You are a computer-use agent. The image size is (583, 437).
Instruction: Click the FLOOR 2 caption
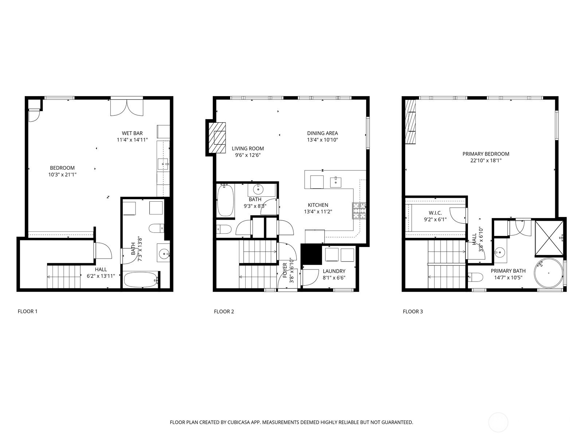pyautogui.click(x=224, y=311)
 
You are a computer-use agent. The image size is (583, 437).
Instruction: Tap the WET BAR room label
pyautogui.click(x=132, y=133)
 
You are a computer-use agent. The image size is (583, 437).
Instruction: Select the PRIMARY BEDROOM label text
pyautogui.click(x=486, y=154)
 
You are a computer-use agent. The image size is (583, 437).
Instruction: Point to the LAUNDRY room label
pyautogui.click(x=334, y=271)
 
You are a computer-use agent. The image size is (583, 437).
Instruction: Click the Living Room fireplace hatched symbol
pyautogui.click(x=217, y=138)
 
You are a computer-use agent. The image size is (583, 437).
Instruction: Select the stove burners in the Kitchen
pyautogui.click(x=359, y=211)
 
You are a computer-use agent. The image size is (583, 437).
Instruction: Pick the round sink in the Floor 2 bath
pyautogui.click(x=258, y=190)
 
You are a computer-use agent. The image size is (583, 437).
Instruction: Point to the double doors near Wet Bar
pyautogui.click(x=127, y=107)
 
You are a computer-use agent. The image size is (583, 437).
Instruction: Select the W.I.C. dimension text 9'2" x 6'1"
pyautogui.click(x=435, y=220)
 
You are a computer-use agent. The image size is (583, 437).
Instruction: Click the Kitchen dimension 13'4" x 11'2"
pyautogui.click(x=318, y=212)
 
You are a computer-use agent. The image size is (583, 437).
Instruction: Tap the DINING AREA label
pyautogui.click(x=322, y=133)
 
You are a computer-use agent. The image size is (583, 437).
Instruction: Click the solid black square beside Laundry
pyautogui.click(x=311, y=254)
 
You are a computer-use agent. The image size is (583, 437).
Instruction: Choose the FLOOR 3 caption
pyautogui.click(x=413, y=311)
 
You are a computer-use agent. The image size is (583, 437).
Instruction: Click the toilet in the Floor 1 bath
pyautogui.click(x=156, y=228)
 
